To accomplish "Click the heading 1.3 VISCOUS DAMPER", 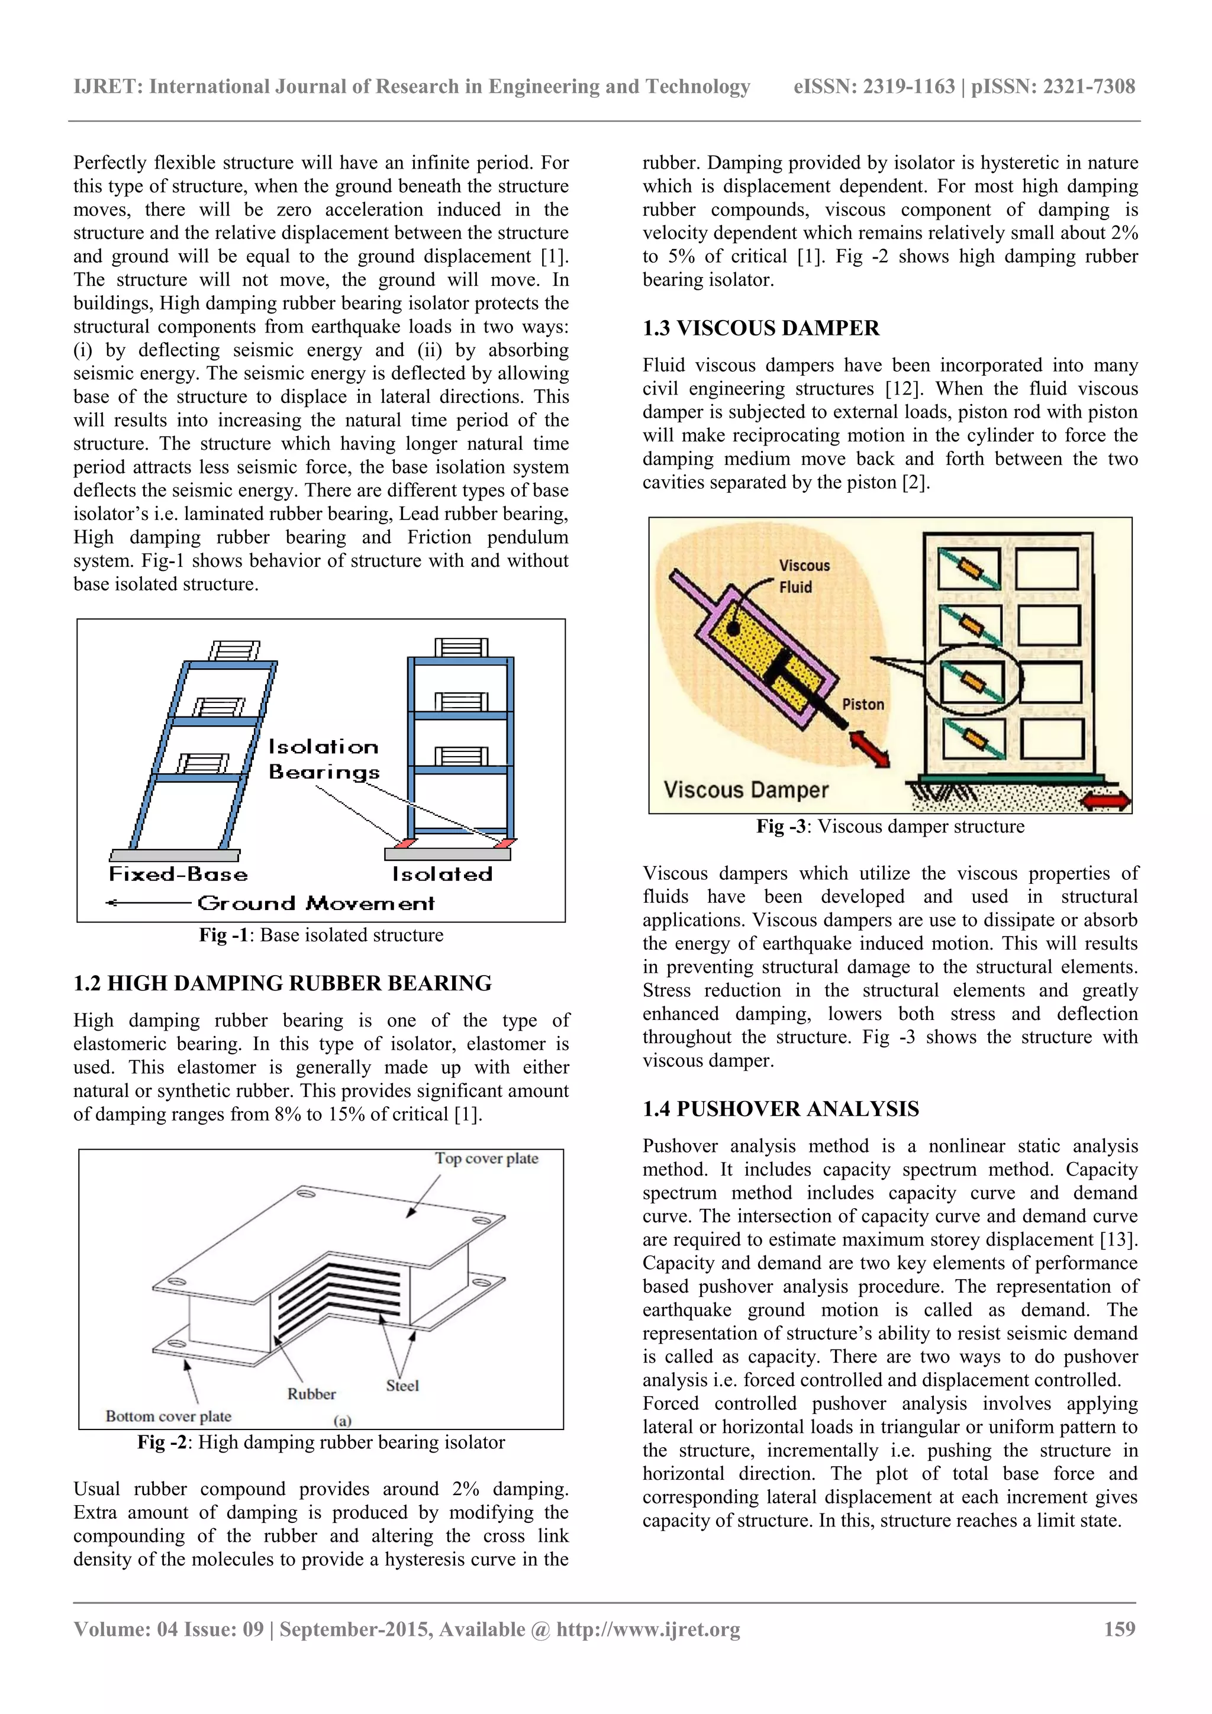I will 760,328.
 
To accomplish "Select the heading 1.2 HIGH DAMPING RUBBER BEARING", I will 282,983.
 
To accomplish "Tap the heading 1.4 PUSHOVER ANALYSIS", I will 781,1109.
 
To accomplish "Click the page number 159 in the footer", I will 1118,1629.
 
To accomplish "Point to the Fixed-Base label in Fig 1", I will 178,874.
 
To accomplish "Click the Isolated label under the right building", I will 442,874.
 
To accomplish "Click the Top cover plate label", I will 486,1158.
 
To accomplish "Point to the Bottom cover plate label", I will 168,1416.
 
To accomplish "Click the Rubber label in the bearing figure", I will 311,1394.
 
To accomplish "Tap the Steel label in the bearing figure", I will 402,1386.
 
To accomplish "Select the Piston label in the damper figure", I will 862,704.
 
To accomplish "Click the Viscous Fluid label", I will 804,576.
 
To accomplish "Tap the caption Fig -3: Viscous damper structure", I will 890,827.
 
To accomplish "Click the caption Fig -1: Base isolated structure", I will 321,935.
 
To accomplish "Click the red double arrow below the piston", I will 870,749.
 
